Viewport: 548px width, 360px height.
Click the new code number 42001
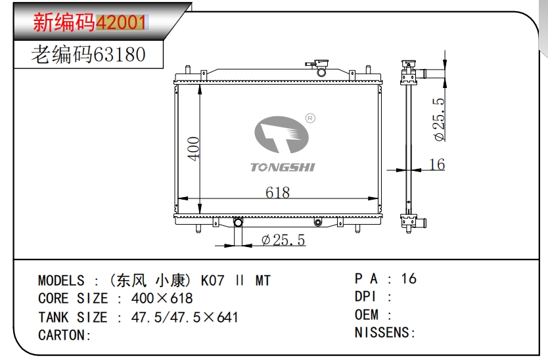pyautogui.click(x=121, y=23)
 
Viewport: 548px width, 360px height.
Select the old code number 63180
pyautogui.click(x=119, y=54)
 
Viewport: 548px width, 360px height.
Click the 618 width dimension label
pyautogui.click(x=277, y=192)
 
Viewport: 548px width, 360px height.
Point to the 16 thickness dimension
pyautogui.click(x=436, y=164)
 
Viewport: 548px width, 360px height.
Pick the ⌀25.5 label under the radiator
pyautogui.click(x=283, y=240)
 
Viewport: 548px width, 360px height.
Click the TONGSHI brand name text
pyautogui.click(x=283, y=167)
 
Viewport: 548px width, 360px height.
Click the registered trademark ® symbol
pyautogui.click(x=311, y=118)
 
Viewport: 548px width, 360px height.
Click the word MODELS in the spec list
pyautogui.click(x=61, y=281)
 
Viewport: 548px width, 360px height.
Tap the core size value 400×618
pyautogui.click(x=162, y=299)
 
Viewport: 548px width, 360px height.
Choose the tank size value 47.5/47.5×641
pyautogui.click(x=185, y=317)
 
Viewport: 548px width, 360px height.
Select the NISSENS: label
pyautogui.click(x=385, y=332)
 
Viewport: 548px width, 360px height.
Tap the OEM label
pyautogui.click(x=367, y=315)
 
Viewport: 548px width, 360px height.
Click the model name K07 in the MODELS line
pyautogui.click(x=212, y=281)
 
